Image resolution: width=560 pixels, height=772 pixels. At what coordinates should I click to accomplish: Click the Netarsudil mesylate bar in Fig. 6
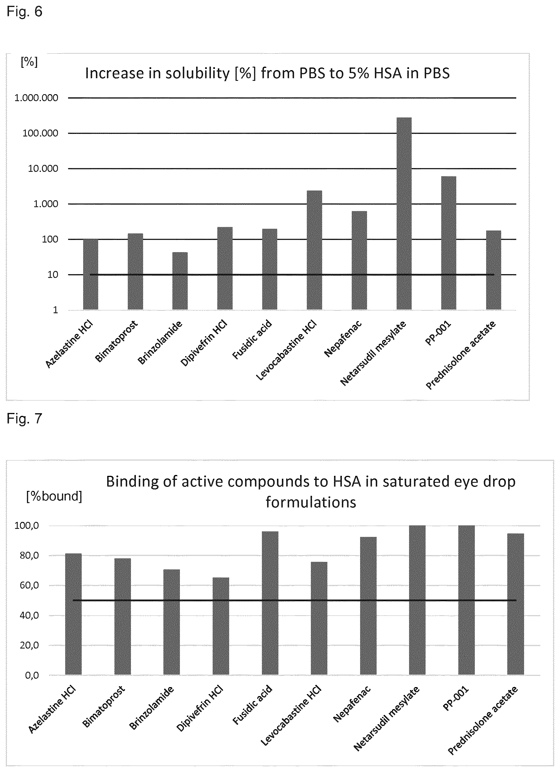pos(404,213)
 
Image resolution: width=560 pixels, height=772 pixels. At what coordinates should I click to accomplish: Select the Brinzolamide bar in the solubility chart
pos(180,281)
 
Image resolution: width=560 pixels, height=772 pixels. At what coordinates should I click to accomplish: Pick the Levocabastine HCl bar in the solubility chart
pos(314,250)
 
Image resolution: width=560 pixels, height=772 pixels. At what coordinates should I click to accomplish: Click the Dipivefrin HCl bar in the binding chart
pos(221,626)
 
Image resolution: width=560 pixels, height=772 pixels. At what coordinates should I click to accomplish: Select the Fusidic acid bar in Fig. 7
pos(270,603)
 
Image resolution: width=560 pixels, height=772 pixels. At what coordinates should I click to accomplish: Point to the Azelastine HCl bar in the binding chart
pos(74,614)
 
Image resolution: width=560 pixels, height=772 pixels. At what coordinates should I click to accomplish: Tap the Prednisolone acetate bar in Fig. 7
pos(516,604)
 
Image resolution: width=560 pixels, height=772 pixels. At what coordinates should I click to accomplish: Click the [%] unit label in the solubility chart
pos(29,62)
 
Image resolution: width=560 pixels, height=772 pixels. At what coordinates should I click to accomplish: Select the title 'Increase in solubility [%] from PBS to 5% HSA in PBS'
pos(267,74)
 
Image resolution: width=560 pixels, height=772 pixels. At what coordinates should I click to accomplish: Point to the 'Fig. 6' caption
pos(25,12)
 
